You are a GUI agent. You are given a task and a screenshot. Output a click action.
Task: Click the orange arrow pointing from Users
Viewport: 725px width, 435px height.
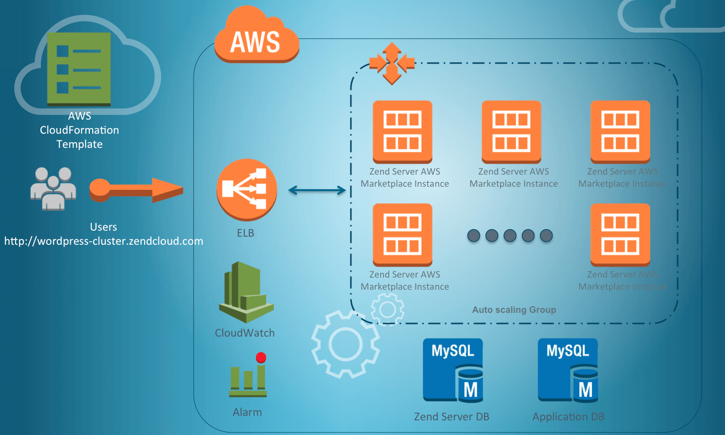(x=136, y=190)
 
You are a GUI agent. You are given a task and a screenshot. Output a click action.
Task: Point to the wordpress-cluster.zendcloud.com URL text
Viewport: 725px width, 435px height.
(x=104, y=241)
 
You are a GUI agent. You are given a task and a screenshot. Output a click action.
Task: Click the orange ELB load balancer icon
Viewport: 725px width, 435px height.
(x=247, y=190)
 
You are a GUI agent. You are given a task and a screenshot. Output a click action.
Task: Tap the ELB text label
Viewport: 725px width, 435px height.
(x=246, y=233)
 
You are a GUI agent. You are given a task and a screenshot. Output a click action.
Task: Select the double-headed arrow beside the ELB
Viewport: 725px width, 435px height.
(x=317, y=190)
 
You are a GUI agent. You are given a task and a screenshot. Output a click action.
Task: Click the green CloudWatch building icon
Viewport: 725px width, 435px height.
(x=246, y=292)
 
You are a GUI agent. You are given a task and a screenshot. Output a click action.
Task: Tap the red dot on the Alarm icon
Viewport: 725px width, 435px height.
(x=261, y=358)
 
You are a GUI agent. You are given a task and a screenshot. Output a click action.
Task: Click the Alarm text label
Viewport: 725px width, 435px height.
(x=247, y=412)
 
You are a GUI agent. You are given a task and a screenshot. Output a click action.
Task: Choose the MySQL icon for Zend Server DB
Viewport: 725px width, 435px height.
(x=453, y=370)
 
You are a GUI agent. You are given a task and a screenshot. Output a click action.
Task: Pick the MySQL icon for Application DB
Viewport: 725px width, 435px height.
(x=568, y=370)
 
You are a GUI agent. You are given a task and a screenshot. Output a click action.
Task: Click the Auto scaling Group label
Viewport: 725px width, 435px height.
(x=514, y=310)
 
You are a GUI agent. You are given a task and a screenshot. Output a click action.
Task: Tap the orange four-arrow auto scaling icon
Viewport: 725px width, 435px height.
(x=392, y=64)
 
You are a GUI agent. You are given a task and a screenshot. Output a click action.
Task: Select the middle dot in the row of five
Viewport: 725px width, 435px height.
(x=510, y=236)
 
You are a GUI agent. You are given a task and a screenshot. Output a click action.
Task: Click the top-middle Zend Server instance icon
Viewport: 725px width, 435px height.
(x=511, y=131)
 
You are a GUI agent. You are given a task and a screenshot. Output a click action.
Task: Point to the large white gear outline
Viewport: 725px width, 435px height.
(x=345, y=345)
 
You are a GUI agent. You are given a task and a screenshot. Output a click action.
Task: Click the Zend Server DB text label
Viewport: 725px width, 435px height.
(x=451, y=417)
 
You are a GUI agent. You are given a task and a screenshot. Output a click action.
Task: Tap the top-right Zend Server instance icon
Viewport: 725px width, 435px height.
(x=620, y=131)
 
